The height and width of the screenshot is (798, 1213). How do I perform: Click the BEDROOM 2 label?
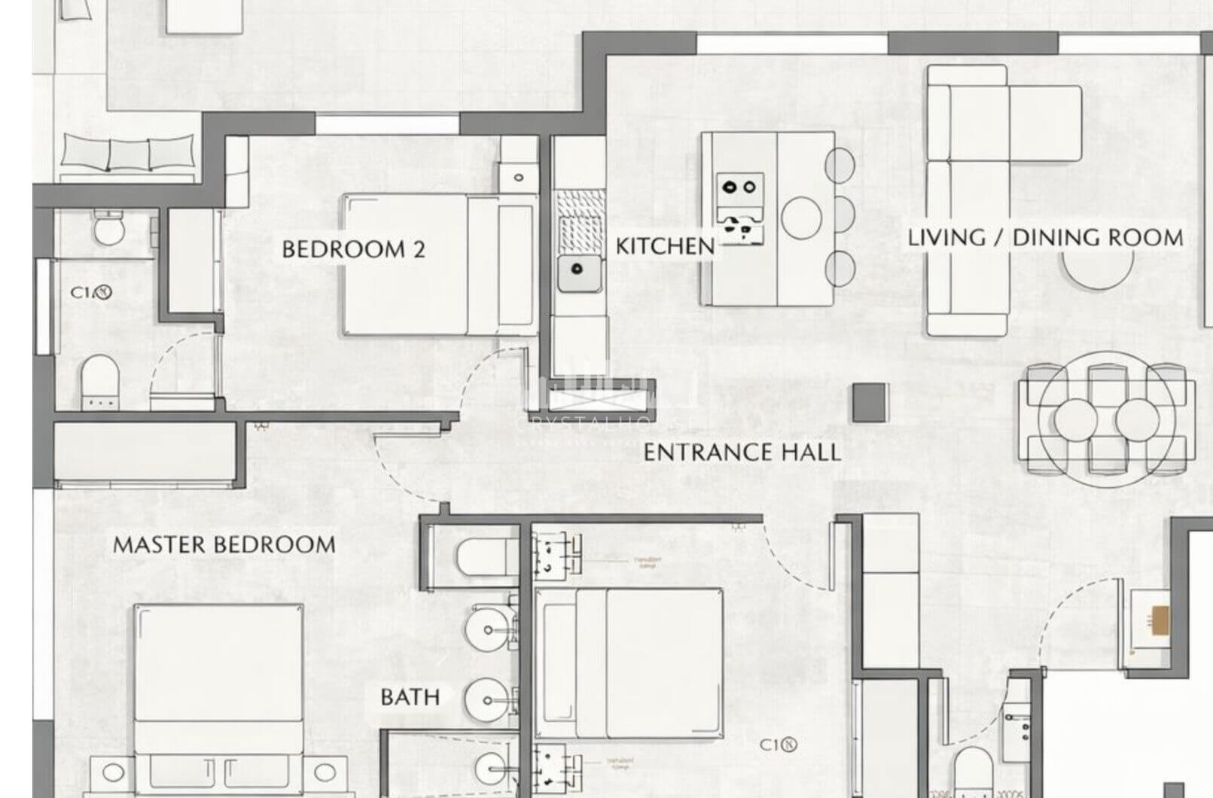point(353,249)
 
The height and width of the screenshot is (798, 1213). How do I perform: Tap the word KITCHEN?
point(665,246)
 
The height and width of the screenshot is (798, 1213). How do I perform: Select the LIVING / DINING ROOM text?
point(1045,238)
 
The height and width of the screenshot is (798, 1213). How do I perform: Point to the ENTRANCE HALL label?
point(742,452)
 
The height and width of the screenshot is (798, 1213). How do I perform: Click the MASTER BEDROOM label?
point(224,544)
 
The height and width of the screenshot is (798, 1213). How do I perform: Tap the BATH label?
point(410,697)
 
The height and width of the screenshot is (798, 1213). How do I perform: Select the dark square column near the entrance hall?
point(870,403)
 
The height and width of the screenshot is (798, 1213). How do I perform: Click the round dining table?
point(1106,419)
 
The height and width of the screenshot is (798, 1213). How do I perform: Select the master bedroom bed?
point(219,693)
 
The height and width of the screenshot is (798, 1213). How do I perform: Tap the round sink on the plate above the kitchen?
point(519,178)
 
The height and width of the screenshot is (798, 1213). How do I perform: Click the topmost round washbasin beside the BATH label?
point(488,629)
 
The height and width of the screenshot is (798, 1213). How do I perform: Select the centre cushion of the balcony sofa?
point(129,154)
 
